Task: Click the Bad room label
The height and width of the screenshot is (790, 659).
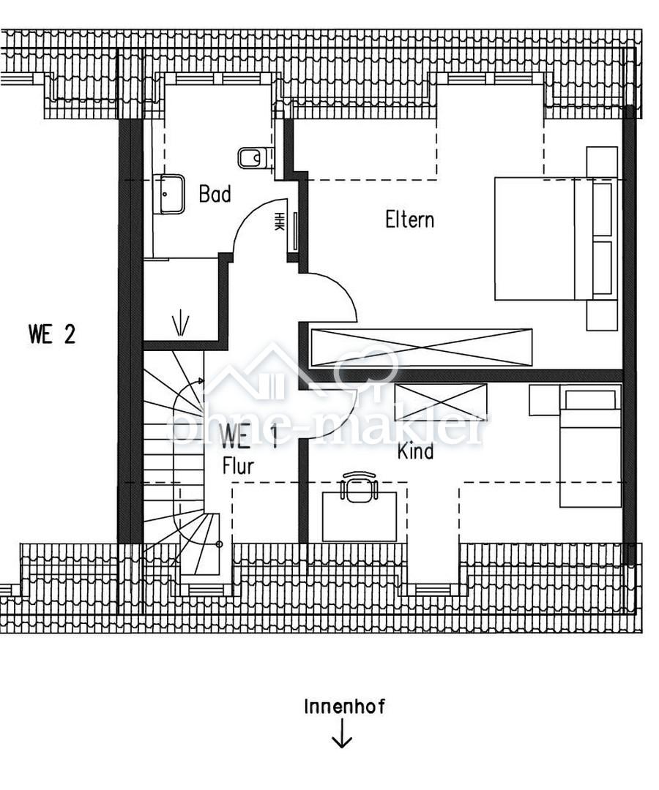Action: click(215, 195)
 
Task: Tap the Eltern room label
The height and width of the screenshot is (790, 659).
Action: click(409, 219)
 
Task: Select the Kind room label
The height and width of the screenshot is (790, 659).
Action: click(415, 451)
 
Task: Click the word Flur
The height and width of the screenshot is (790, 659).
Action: click(238, 466)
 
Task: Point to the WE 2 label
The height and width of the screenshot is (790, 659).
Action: click(53, 334)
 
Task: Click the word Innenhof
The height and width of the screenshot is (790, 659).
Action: click(344, 707)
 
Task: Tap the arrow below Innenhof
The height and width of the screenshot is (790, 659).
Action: click(342, 733)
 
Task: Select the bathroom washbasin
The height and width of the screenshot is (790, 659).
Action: click(169, 194)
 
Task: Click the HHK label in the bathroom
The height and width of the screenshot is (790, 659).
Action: click(279, 221)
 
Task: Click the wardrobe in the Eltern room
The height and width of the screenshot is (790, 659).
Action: click(422, 347)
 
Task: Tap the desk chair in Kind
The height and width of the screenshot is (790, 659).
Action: click(359, 486)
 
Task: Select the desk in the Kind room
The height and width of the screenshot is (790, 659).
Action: click(360, 517)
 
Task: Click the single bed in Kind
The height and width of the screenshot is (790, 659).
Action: click(590, 445)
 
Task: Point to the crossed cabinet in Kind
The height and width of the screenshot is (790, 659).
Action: click(442, 402)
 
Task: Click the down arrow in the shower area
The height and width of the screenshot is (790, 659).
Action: click(181, 325)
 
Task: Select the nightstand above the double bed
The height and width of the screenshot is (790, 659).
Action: click(602, 162)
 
